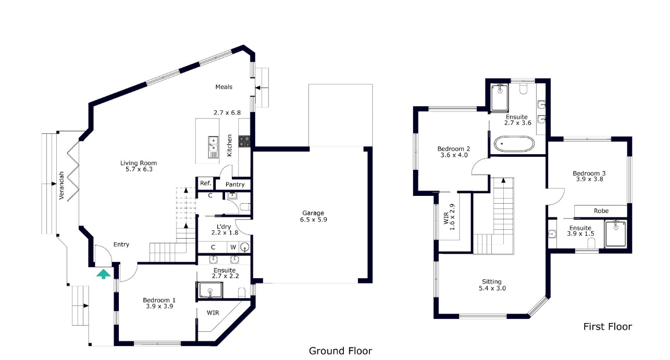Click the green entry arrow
click(x=104, y=273)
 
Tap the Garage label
click(x=313, y=213)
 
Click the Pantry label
click(x=235, y=184)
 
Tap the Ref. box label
click(x=205, y=183)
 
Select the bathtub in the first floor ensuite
click(x=514, y=144)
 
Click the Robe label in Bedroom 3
click(x=601, y=211)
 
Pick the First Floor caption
click(x=607, y=327)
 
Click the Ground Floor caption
click(x=341, y=351)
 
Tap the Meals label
click(x=224, y=87)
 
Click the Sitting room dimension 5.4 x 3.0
click(x=492, y=288)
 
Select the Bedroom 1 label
click(x=159, y=300)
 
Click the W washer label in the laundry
click(x=233, y=247)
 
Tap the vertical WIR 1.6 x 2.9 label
click(x=449, y=214)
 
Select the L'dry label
click(x=224, y=226)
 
